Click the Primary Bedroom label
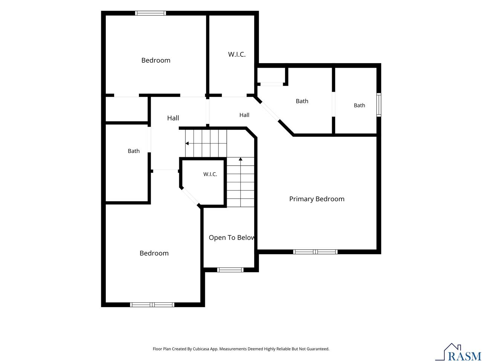pos(317,199)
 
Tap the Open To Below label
pos(232,238)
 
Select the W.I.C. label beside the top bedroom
pos(237,55)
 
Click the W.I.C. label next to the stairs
pos(210,174)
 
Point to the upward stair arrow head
pos(241,159)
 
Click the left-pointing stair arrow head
pos(187,143)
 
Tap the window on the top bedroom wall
pos(150,13)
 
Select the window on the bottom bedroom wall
pos(152,305)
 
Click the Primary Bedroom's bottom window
pos(315,252)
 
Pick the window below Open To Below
pos(230,270)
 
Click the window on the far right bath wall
pos(379,105)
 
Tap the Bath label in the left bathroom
pos(134,151)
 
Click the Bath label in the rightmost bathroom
pos(360,105)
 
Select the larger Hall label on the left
pos(173,118)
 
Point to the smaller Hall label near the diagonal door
pos(244,115)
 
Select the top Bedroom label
pos(156,60)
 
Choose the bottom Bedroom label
pos(154,253)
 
